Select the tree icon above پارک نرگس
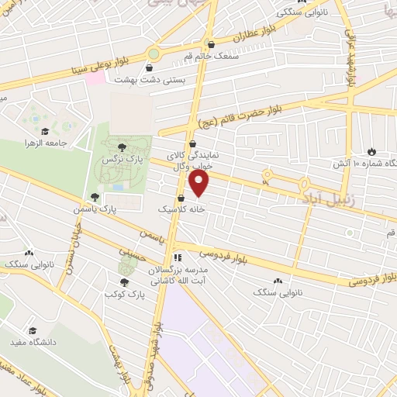(x=122, y=145)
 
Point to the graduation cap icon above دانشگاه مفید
(x=33, y=330)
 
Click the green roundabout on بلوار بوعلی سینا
(x=154, y=54)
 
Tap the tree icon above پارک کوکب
(x=124, y=282)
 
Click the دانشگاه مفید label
(x=31, y=342)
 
